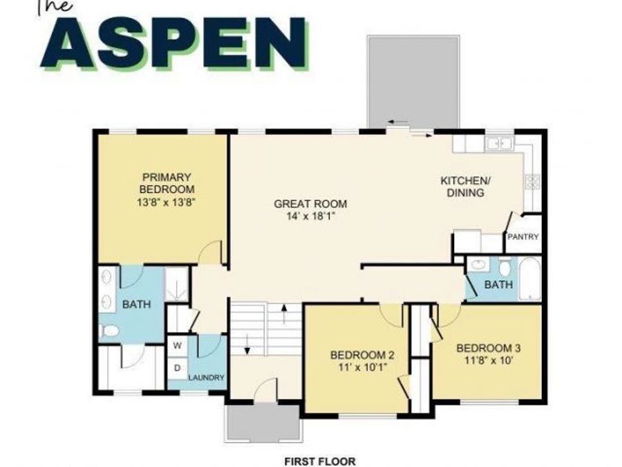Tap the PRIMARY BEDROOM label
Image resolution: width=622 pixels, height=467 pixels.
167,183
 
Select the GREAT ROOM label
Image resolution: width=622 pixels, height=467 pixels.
310,204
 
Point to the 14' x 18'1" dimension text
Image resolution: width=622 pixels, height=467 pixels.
310,217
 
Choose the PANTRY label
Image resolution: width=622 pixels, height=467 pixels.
522,237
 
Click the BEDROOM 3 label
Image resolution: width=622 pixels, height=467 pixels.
489,348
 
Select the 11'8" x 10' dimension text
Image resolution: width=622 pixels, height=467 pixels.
489,360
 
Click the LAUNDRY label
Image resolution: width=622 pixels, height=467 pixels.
207,378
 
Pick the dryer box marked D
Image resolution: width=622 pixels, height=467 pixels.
177,368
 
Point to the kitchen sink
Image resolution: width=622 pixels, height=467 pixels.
498,144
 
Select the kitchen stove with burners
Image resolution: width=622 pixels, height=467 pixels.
532,182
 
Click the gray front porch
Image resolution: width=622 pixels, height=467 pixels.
263,423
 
